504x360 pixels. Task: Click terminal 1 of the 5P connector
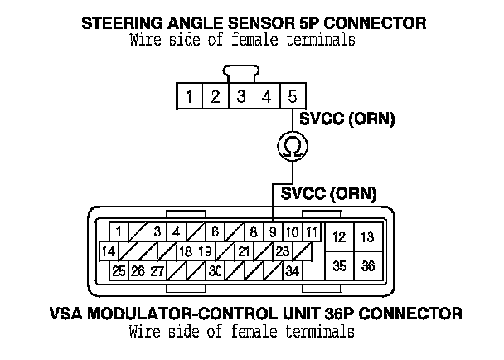tap(189, 97)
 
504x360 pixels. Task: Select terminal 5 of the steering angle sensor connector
tap(292, 97)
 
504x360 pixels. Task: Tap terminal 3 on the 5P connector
tap(240, 97)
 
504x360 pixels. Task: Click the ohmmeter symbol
tap(292, 148)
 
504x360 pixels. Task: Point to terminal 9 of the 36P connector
tap(272, 231)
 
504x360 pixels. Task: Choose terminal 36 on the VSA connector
tap(369, 267)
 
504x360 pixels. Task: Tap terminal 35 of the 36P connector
tap(339, 267)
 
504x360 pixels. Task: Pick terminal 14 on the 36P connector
tap(108, 251)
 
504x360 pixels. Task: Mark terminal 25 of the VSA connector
tap(119, 270)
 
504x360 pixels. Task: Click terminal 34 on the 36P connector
tap(292, 270)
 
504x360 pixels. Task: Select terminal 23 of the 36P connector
tap(282, 251)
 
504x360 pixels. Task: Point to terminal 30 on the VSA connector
tap(215, 270)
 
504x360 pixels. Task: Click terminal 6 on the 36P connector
tap(215, 231)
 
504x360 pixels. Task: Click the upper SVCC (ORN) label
tap(347, 120)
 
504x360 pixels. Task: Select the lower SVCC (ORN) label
tap(329, 195)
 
